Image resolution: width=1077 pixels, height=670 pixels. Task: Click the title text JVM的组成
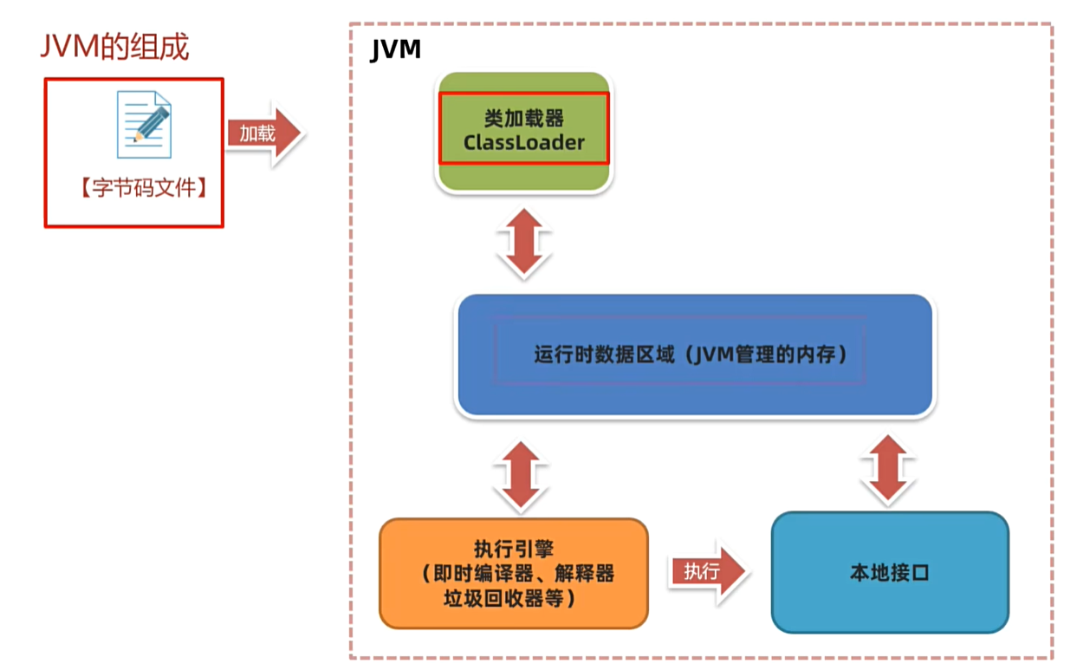pyautogui.click(x=114, y=47)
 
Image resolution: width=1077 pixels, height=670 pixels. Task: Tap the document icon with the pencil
pyautogui.click(x=144, y=125)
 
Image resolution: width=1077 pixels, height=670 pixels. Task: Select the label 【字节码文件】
pyautogui.click(x=144, y=188)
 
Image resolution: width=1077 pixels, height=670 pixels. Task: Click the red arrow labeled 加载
pyautogui.click(x=263, y=133)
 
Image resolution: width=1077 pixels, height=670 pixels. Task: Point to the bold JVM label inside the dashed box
pyautogui.click(x=395, y=50)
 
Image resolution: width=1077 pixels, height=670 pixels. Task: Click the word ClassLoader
pyautogui.click(x=524, y=142)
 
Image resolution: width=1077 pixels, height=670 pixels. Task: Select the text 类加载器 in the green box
pyautogui.click(x=524, y=119)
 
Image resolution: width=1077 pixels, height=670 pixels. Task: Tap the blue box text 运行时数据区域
pyautogui.click(x=603, y=355)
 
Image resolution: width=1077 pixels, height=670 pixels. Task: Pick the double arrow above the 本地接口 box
pyautogui.click(x=888, y=469)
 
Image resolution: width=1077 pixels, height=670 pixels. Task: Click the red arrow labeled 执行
pyautogui.click(x=706, y=572)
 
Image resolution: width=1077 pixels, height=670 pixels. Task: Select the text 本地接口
pyautogui.click(x=889, y=573)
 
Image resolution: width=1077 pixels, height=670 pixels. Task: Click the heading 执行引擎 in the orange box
pyautogui.click(x=514, y=549)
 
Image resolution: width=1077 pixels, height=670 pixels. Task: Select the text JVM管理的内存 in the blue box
pyautogui.click(x=769, y=355)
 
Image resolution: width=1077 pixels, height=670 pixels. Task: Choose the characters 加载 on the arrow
pyautogui.click(x=257, y=133)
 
